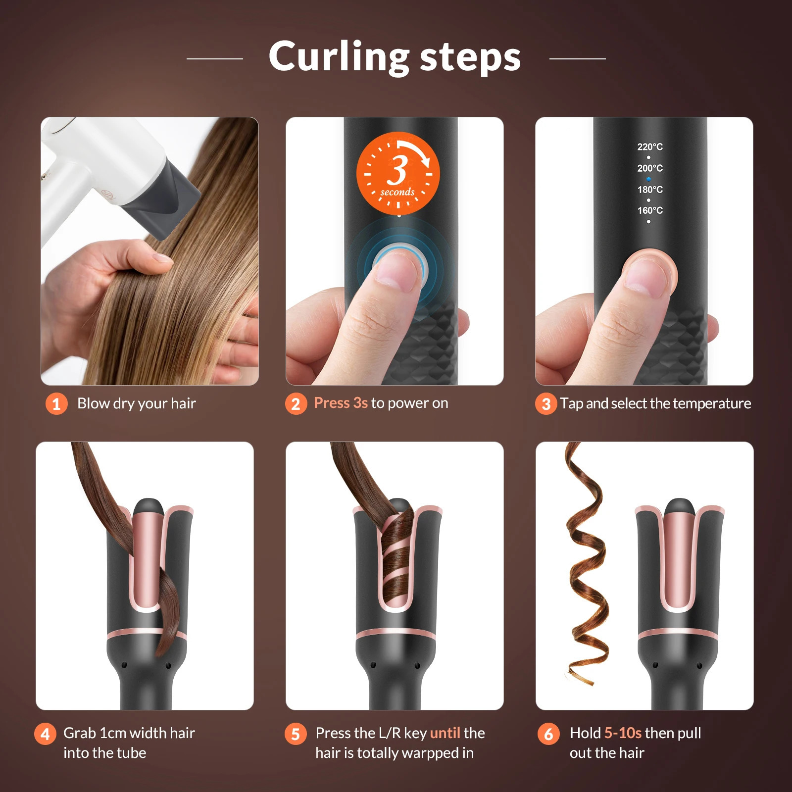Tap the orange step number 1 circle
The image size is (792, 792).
56,404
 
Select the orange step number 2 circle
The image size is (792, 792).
296,404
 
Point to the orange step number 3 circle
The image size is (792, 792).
546,404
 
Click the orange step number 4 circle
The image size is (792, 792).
45,734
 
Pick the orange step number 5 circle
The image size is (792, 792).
296,734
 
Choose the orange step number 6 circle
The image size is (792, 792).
548,734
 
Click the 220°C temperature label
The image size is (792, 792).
649,147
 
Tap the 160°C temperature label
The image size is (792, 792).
649,210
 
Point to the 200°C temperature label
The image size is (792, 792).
649,168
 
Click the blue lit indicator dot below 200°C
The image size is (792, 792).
648,179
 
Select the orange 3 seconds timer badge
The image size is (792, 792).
398,173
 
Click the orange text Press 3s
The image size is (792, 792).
341,403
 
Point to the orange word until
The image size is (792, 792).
445,733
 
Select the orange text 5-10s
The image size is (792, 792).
623,733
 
